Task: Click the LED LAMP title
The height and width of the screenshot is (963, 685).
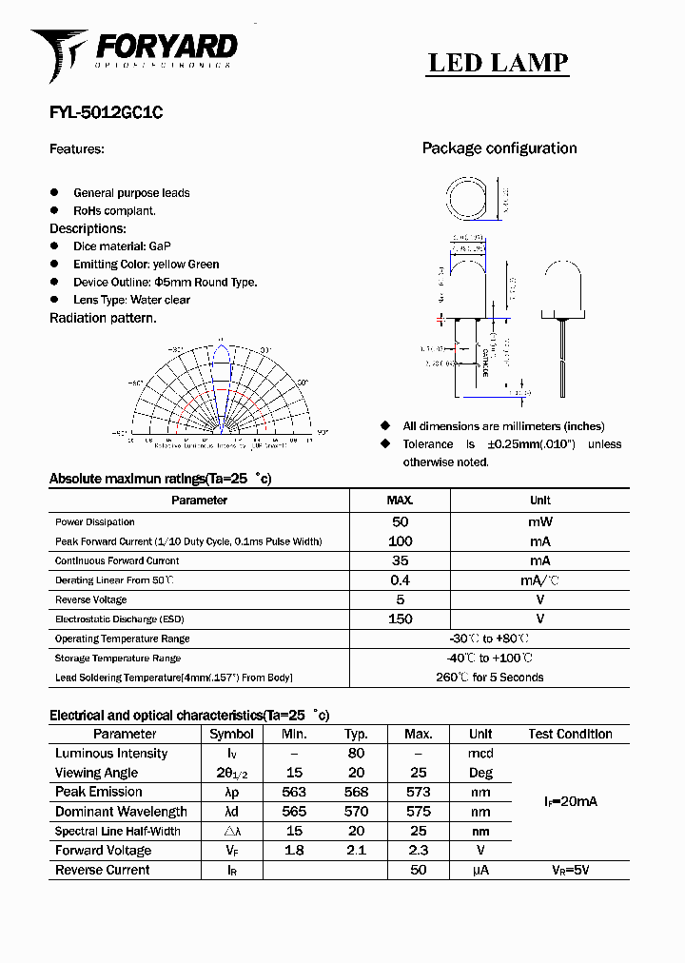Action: pos(498,63)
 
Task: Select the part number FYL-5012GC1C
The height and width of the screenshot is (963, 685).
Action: pos(106,112)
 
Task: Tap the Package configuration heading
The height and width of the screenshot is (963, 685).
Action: pos(499,148)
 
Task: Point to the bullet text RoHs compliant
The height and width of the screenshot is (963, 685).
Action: pos(114,211)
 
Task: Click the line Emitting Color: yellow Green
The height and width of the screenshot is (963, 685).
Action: pos(146,265)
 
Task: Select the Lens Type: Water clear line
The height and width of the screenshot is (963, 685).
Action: pos(131,300)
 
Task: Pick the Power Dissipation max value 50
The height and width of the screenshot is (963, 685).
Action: pos(401,521)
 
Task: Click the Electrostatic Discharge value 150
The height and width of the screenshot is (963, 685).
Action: pos(401,619)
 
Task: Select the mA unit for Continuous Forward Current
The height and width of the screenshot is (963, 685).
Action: pos(539,560)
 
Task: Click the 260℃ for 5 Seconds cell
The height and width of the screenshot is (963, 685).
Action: pos(489,678)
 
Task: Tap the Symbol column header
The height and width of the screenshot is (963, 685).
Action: pos(231,734)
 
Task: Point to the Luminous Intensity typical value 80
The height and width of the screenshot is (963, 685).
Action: pos(356,754)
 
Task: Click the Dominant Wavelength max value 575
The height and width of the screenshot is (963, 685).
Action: pos(418,812)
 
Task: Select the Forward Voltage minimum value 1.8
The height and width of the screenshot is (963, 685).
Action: pos(294,851)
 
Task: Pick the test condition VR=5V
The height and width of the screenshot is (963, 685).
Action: pos(570,870)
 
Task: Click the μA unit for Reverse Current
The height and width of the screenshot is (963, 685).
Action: pos(480,870)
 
